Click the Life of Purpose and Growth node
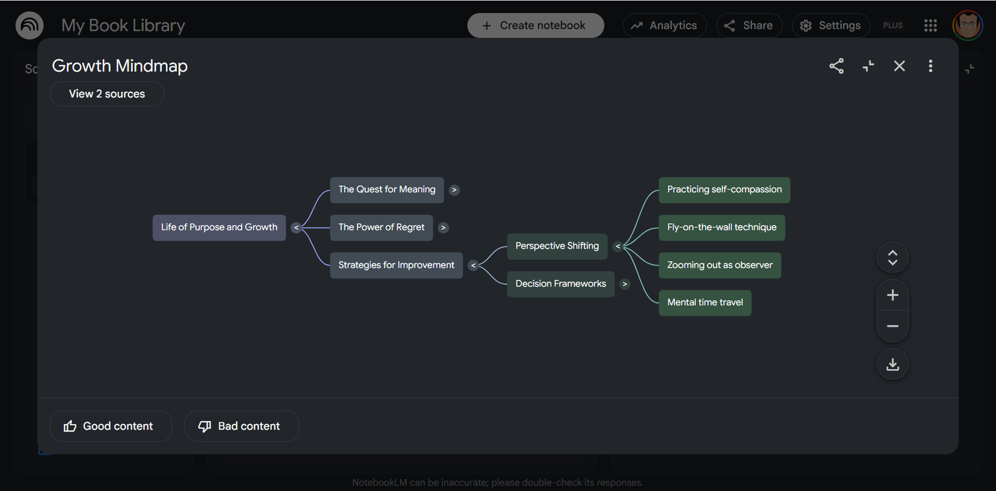(x=219, y=227)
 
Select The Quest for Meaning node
(x=387, y=190)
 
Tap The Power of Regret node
(x=381, y=227)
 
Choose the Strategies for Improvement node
(x=396, y=265)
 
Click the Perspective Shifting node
(x=557, y=246)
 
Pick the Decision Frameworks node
(x=561, y=284)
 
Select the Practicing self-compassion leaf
(x=724, y=190)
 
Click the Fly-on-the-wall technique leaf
(x=722, y=227)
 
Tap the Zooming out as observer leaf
(x=720, y=265)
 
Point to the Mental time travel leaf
(x=705, y=303)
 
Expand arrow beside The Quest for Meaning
(x=454, y=190)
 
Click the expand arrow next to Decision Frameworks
(x=625, y=284)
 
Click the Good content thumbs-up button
(x=110, y=426)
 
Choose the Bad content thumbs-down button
(x=242, y=426)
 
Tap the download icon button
(x=892, y=364)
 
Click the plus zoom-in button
(x=892, y=295)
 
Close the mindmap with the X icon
(x=899, y=66)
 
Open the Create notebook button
(x=535, y=25)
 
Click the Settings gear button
(x=831, y=25)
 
